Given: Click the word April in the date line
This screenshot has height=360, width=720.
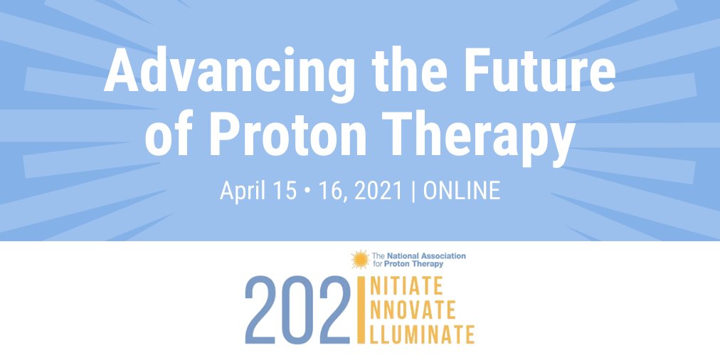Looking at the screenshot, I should coord(242,191).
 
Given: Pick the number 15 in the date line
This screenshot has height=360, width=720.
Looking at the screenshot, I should coord(287,191).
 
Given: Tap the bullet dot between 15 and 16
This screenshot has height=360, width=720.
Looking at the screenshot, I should coord(307,191).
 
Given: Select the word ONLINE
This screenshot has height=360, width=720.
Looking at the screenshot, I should coord(462,191).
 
